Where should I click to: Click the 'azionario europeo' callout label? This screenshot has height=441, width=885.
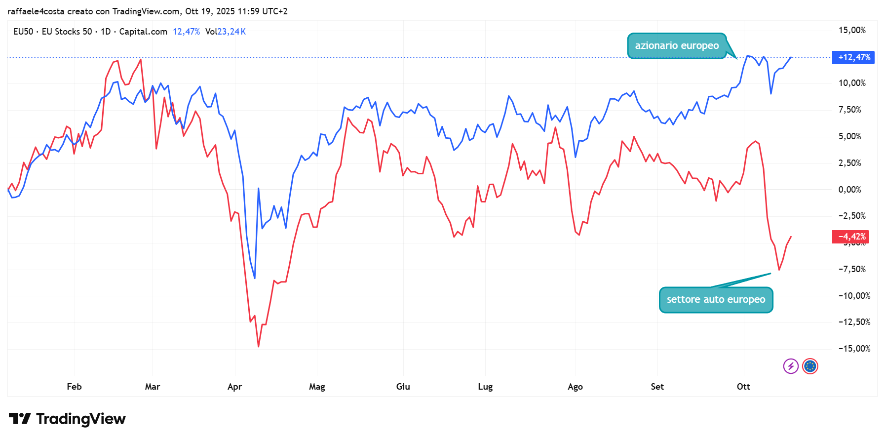pos(676,46)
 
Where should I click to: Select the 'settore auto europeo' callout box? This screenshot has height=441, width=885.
pos(716,300)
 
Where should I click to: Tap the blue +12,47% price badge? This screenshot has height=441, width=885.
pos(853,58)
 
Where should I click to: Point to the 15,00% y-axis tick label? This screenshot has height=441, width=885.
pos(851,31)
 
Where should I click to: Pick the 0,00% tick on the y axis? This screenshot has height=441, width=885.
pos(849,190)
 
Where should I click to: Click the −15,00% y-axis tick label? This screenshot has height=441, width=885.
pos(854,349)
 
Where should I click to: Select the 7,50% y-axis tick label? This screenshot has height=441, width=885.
pos(849,110)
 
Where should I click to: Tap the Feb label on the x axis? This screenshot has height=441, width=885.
pos(74,387)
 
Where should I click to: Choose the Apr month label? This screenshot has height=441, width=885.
pos(234,387)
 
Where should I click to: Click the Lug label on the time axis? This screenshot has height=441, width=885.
pos(485,387)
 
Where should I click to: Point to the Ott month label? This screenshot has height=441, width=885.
pos(743,387)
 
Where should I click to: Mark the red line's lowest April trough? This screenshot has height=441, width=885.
pos(259,346)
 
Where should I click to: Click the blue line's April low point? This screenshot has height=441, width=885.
pos(255,278)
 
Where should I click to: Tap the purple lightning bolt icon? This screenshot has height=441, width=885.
pos(791,366)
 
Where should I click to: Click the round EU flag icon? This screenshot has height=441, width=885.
pos(810,366)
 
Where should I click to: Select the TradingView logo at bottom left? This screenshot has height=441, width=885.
pos(68,419)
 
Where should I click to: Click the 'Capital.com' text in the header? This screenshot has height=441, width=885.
pos(143,32)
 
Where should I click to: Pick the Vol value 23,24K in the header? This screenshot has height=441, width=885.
pos(231,32)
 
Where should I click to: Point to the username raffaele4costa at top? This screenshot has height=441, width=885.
pos(36,11)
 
